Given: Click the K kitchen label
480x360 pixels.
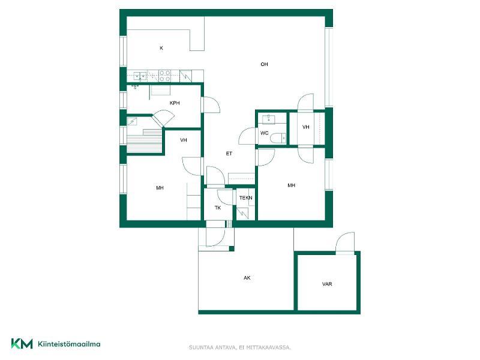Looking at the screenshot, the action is coord(161,48).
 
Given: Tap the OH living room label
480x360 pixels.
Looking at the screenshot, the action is coord(264,64).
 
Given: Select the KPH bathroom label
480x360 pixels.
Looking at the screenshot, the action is coord(175,103).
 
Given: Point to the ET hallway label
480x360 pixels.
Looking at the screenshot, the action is coord(229,154).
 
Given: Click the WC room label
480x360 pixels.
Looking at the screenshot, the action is coord(264,133).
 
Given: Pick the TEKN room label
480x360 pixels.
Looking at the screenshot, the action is coord(246,198).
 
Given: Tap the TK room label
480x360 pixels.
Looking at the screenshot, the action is coord(218,208).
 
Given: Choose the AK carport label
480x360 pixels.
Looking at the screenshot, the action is coord(247,278).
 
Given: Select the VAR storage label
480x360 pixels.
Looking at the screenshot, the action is coord(327,284).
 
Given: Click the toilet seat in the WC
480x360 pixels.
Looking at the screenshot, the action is coord(278,139).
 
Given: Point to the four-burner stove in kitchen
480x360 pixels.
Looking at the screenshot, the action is coord(164,76).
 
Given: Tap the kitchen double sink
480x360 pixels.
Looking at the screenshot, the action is coord(140,76).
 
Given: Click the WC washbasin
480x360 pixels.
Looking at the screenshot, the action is coord(268,119).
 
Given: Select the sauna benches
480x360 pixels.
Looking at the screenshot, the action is coord(145,141).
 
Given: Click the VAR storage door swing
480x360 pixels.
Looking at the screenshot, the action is coord(345,242).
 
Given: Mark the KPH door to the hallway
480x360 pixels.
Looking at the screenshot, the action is coord(211,104).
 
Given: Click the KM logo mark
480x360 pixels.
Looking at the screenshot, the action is coord(22,344).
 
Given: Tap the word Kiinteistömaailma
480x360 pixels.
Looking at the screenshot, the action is coord(69,344).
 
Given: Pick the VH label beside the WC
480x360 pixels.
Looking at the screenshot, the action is coord(305,127).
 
